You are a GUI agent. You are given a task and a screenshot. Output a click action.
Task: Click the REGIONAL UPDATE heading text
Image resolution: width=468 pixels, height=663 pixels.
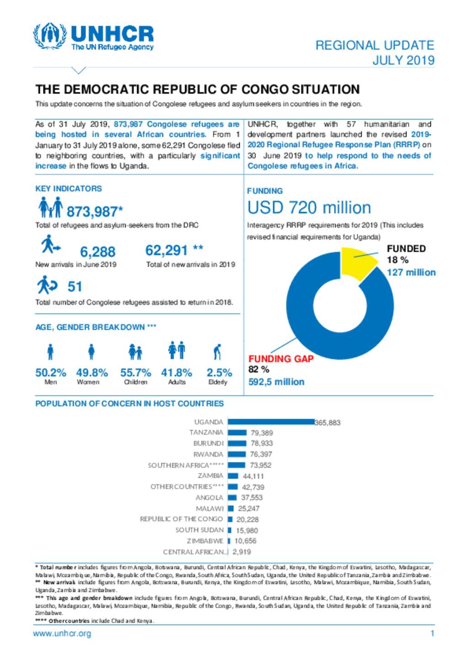pos(374,45)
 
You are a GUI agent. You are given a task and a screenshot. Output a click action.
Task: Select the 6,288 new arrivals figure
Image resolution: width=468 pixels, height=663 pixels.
pos(97,252)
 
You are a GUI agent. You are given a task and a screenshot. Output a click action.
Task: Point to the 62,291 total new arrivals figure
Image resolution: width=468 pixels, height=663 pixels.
pos(166,250)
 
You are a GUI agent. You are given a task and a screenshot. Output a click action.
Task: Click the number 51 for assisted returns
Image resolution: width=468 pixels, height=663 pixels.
pos(75,286)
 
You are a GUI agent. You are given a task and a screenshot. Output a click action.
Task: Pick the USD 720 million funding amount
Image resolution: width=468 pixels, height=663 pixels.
pos(309,208)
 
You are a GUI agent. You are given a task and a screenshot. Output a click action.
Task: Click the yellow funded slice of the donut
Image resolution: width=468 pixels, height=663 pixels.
pos(357,263)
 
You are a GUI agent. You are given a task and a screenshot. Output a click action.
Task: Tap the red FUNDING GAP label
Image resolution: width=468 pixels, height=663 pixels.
pos(281,359)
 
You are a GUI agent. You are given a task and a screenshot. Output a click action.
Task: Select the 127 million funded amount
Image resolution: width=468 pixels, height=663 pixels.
pos(411,272)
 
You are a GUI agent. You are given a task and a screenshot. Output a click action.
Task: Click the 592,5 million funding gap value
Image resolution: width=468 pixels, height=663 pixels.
pos(276,382)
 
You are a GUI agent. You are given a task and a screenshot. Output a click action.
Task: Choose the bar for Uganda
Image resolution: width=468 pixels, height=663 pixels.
pos(271,422)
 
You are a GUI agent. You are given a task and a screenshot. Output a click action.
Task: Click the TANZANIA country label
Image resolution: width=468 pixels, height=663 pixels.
pos(206,432)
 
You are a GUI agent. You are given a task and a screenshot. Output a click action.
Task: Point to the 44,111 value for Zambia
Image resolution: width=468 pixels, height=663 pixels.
pos(253,476)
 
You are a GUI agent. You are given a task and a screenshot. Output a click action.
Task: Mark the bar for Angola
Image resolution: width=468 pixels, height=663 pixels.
pos(232,497)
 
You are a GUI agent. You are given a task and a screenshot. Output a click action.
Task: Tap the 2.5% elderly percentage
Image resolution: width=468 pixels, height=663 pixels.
pos(219,372)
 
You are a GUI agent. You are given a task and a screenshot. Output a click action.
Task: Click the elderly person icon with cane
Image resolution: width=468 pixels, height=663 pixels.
pos(218,351)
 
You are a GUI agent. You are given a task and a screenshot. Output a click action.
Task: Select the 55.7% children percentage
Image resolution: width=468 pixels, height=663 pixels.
pos(135,372)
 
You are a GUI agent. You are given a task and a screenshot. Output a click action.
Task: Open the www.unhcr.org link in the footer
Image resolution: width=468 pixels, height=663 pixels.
pos(62,633)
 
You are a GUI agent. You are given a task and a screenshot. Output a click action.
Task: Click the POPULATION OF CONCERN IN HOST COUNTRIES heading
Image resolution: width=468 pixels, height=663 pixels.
pos(129,404)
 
